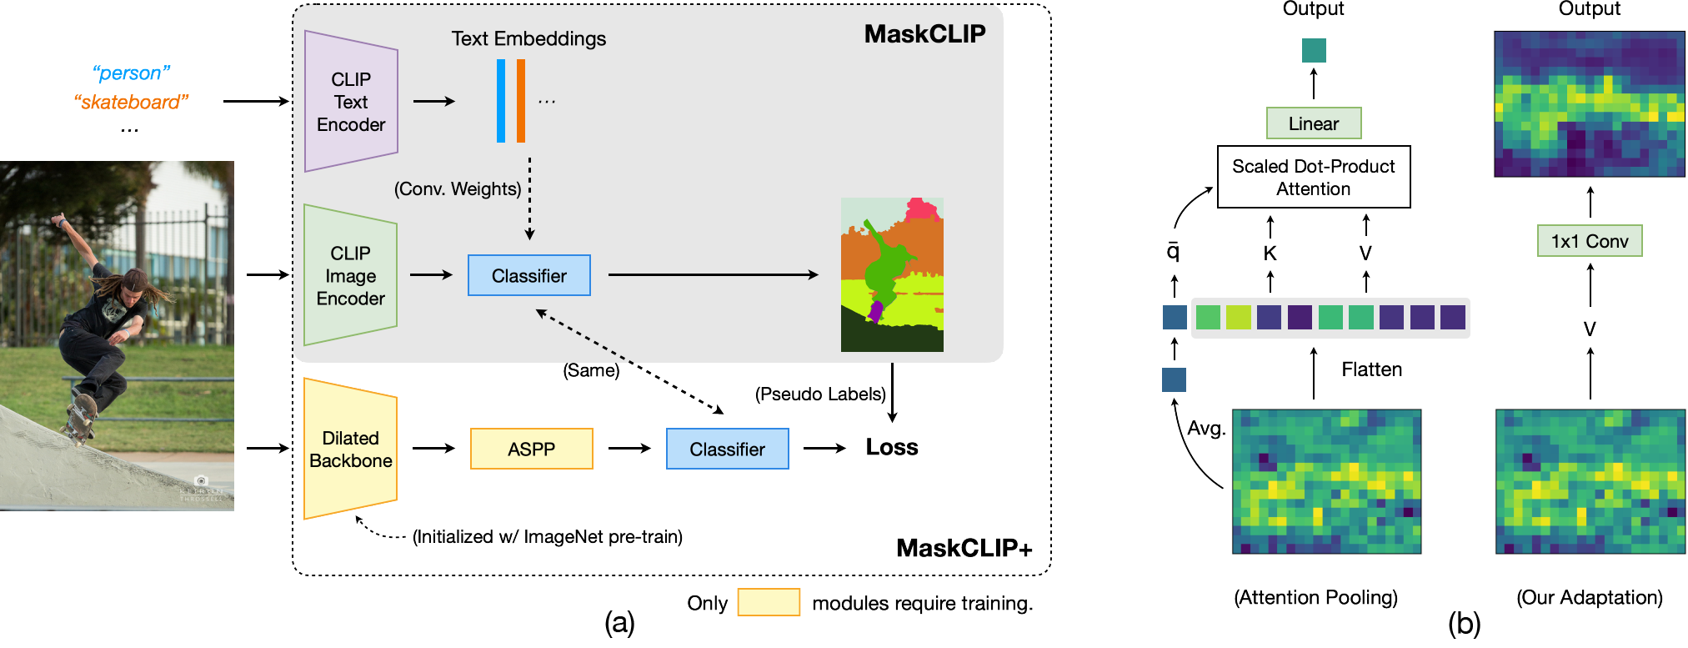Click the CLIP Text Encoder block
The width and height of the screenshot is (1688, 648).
point(351,102)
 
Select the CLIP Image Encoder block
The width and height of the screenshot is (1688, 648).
point(350,275)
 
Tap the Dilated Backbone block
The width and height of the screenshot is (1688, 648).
point(350,449)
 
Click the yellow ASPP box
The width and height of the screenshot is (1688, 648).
point(531,449)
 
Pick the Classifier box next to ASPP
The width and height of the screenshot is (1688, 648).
point(727,449)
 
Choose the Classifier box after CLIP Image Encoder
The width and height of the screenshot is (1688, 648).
point(528,275)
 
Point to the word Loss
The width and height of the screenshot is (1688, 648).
point(891,448)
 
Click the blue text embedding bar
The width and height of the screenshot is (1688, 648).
point(500,101)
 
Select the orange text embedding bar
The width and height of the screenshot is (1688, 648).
point(520,101)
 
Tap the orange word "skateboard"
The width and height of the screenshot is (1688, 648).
point(131,102)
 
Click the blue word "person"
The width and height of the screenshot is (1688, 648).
point(131,73)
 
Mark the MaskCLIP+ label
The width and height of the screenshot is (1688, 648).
point(964,548)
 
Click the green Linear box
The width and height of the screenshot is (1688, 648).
point(1313,123)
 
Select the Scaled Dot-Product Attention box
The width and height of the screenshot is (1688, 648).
point(1313,177)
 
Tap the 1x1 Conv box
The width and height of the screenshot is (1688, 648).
point(1589,241)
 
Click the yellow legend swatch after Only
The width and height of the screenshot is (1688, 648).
point(768,602)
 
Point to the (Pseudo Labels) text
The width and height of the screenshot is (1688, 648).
point(820,394)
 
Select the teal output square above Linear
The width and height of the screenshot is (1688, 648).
point(1314,50)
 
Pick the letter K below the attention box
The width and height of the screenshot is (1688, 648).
point(1270,254)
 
